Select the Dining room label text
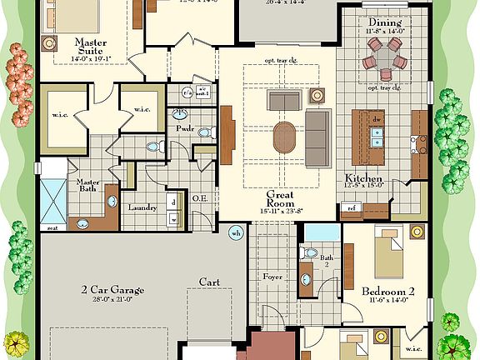pyautogui.click(x=384, y=22)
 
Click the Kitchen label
pyautogui.click(x=364, y=179)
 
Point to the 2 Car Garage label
pyautogui.click(x=112, y=290)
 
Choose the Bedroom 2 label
pyautogui.click(x=387, y=292)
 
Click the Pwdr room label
pyautogui.click(x=184, y=129)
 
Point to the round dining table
pyautogui.click(x=383, y=63)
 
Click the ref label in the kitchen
pyautogui.click(x=352, y=207)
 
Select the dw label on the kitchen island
pyautogui.click(x=377, y=121)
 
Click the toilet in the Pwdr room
pyautogui.click(x=152, y=147)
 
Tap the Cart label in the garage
pyautogui.click(x=209, y=282)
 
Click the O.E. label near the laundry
pyautogui.click(x=199, y=197)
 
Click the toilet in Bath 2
pyautogui.click(x=310, y=252)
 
